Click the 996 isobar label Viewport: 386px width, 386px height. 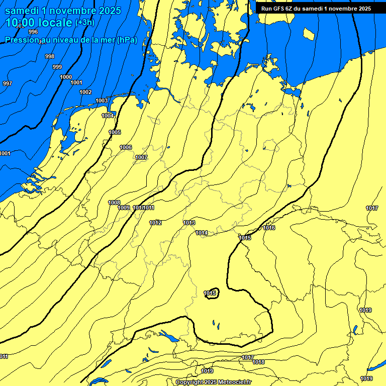33,45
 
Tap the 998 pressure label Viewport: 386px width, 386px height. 50,56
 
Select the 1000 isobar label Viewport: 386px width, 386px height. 66,77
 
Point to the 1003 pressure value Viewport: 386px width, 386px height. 102,101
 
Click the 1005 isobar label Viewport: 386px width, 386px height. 115,132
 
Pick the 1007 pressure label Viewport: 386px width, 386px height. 141,157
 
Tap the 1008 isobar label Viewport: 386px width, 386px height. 115,203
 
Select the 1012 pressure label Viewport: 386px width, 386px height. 155,223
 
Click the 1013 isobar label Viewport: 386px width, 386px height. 189,223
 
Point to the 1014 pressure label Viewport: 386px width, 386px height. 202,233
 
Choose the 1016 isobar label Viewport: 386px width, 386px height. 269,228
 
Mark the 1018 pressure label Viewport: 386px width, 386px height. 258,362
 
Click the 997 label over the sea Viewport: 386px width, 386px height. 7,83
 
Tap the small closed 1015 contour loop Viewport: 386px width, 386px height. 211,293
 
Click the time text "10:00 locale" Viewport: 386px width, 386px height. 39,23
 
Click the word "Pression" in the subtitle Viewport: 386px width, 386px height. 23,40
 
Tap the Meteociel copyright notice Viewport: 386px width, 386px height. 214,382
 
